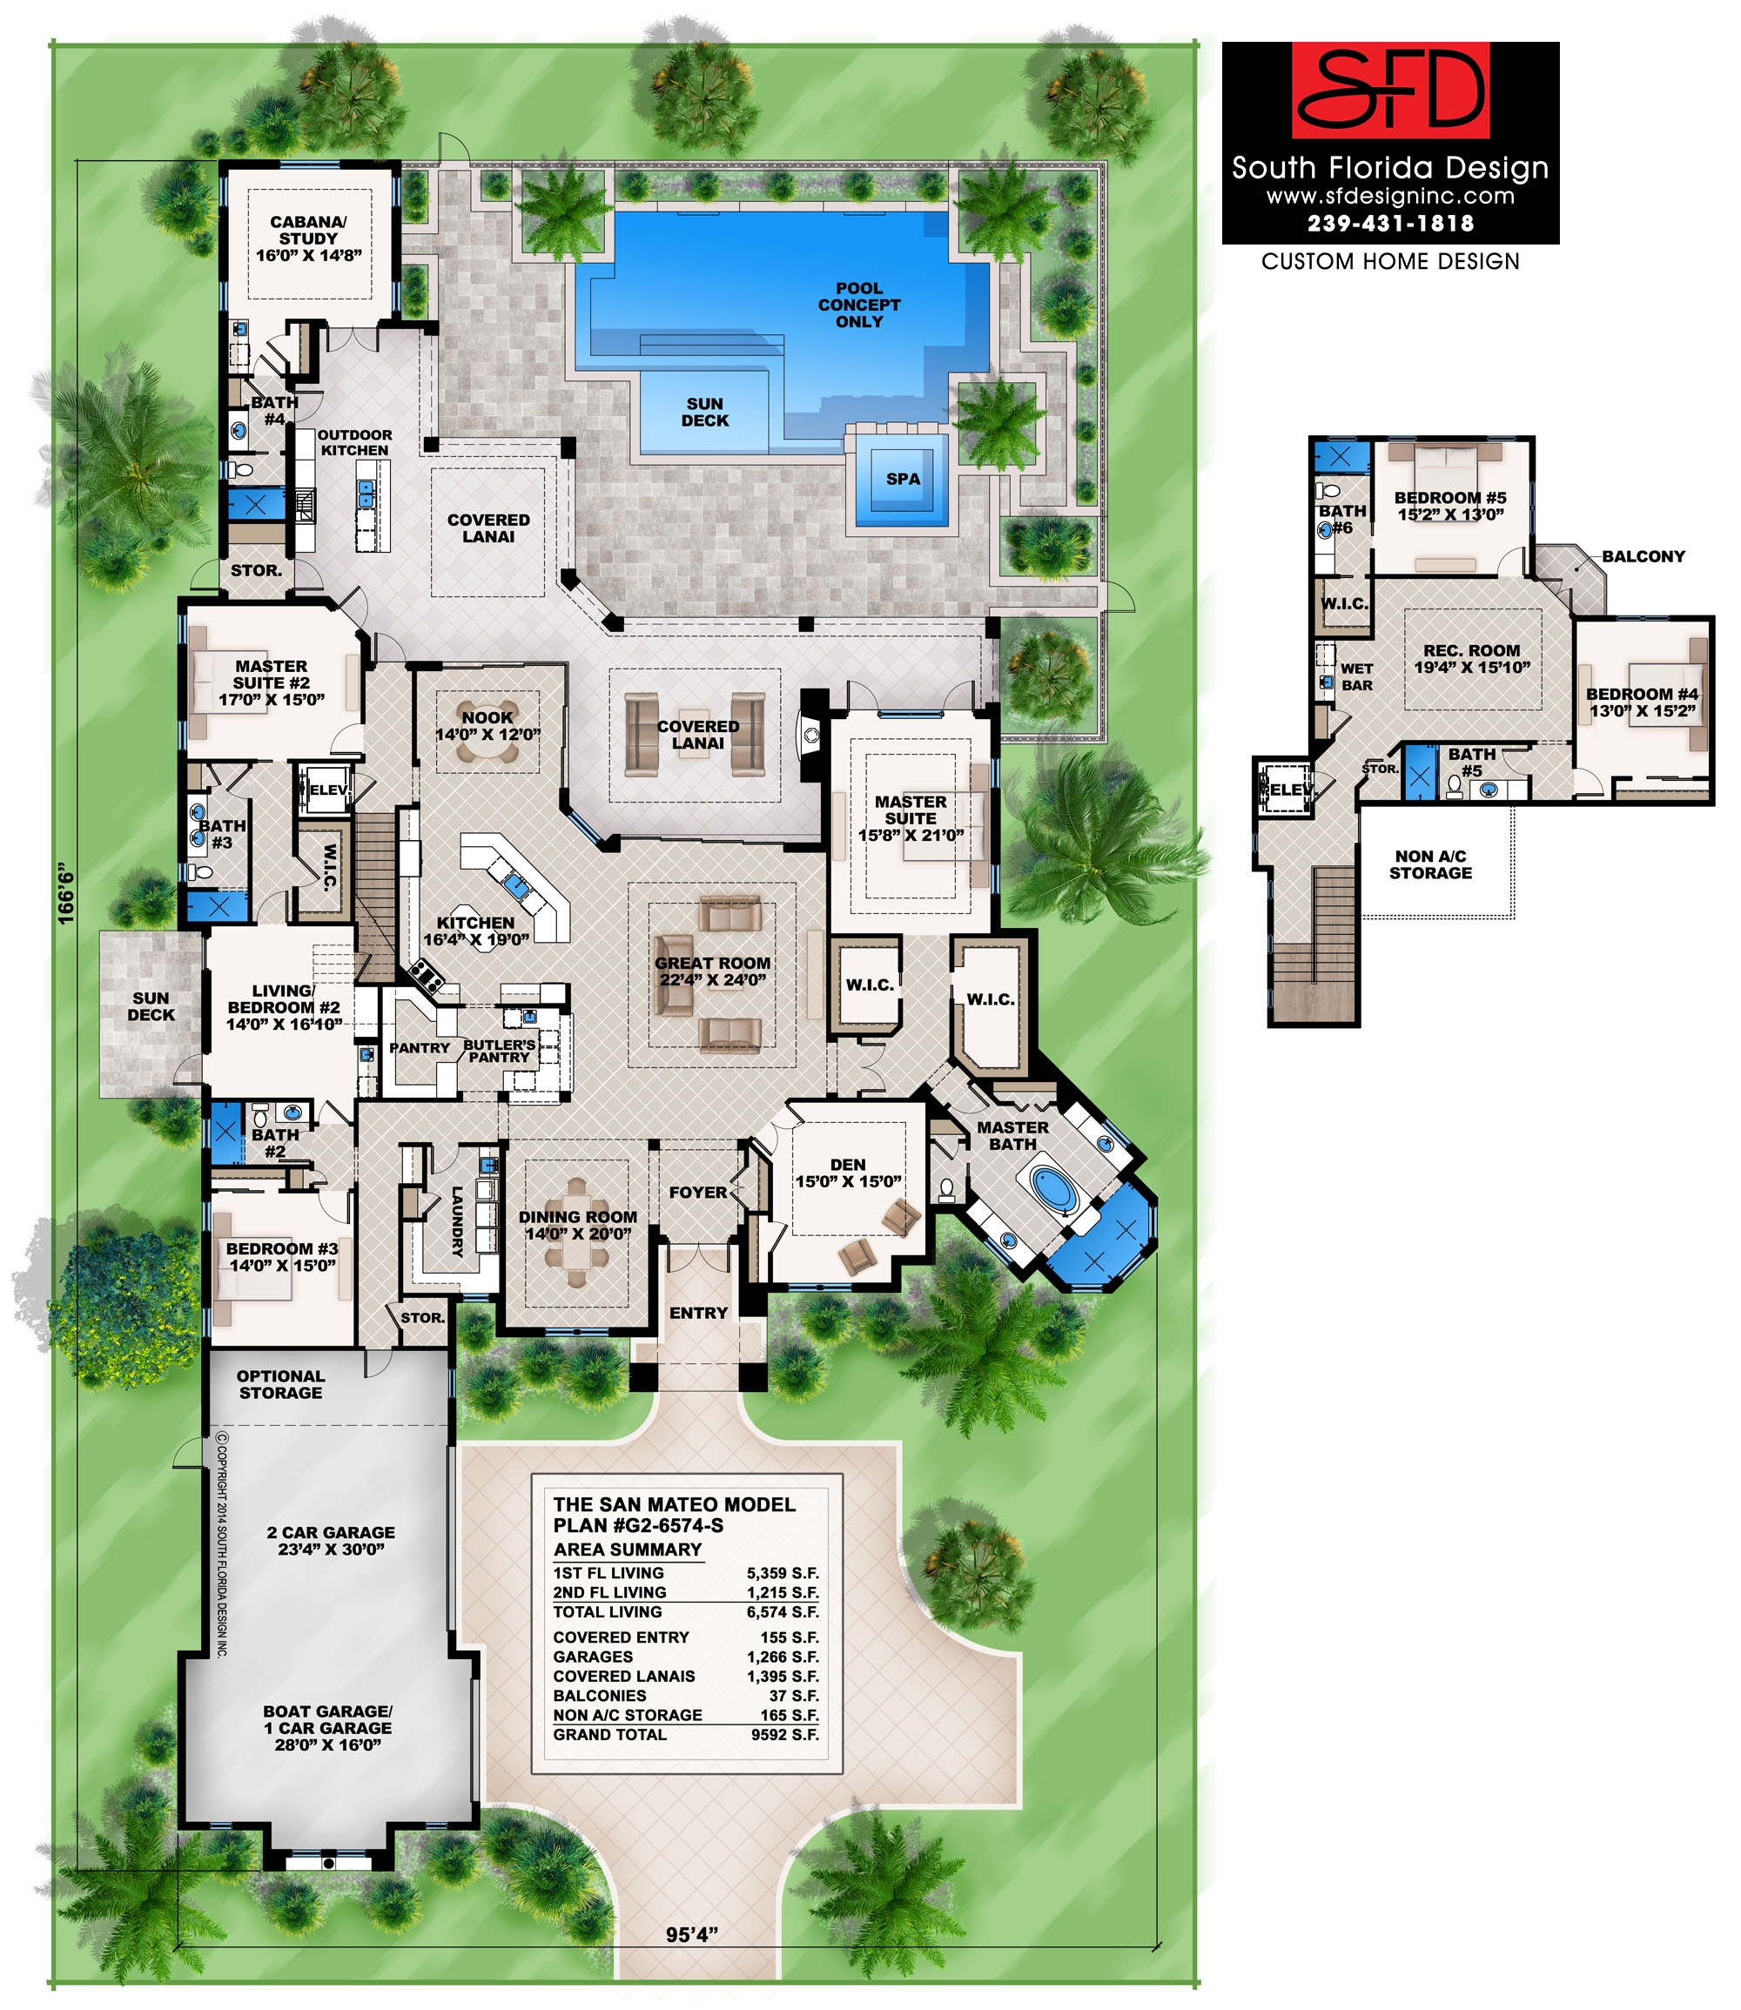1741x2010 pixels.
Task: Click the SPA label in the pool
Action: coord(903,479)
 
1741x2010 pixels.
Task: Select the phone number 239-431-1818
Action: coord(1390,224)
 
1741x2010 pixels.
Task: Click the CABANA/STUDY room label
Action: coord(309,238)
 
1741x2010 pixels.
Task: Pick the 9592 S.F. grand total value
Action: coord(785,1735)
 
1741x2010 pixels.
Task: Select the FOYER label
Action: coord(697,1192)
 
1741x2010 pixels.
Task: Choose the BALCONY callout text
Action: coord(1643,556)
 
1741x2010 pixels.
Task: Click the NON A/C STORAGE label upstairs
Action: coord(1430,864)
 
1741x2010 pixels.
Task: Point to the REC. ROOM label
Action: coord(1472,659)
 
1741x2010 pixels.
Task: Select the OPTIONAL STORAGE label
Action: coord(281,1384)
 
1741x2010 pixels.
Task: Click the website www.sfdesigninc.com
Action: coord(1390,196)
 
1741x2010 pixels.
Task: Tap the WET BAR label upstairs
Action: coord(1356,676)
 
